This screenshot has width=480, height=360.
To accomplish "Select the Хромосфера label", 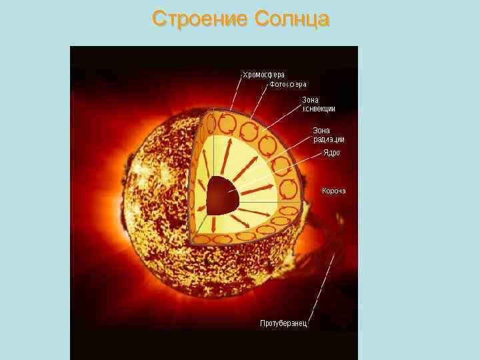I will [x=263, y=75].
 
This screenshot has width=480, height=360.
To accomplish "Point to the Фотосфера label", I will [x=287, y=85].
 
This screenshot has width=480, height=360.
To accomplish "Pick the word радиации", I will [x=329, y=139].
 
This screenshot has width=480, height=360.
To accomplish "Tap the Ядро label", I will [x=331, y=153].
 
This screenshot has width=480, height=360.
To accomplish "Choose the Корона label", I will [x=333, y=191].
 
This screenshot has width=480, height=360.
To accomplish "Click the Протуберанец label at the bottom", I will [x=283, y=323].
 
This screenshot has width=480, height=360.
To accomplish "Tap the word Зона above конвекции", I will [x=311, y=99].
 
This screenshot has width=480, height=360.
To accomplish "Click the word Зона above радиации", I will [x=321, y=130].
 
